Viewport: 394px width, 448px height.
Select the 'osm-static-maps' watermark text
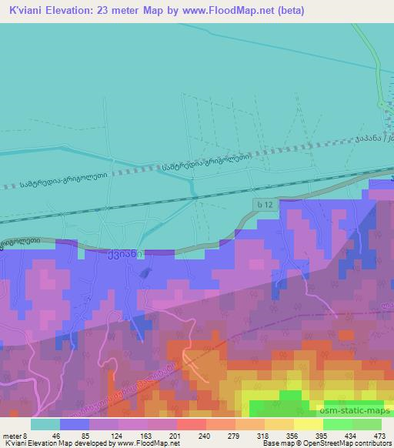[x=347, y=389]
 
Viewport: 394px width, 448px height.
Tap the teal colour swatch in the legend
[x=45, y=423]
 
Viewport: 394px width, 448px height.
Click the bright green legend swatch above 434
[x=337, y=423]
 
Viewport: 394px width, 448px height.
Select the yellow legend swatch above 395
[x=308, y=423]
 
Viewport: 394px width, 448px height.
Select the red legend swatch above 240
[x=191, y=423]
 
